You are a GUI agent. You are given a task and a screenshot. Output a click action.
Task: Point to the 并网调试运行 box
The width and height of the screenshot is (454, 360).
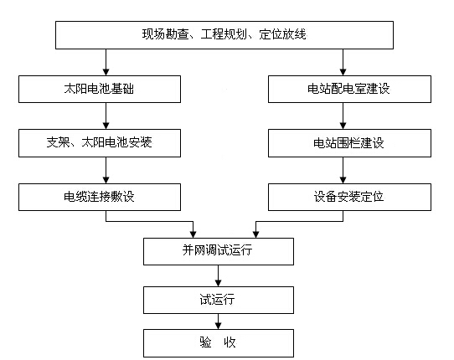point(219,251)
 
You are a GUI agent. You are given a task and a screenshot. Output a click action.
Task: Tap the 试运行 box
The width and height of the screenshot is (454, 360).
point(219,298)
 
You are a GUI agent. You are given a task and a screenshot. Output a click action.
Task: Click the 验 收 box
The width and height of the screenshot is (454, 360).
point(219,343)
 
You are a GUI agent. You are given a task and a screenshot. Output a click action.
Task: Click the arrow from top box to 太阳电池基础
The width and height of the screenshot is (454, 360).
point(105,63)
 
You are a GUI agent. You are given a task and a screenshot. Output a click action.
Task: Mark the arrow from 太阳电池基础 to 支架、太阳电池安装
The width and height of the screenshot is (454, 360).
point(105,116)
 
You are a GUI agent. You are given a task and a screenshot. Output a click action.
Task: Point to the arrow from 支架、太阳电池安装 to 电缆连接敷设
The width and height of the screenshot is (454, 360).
point(105,170)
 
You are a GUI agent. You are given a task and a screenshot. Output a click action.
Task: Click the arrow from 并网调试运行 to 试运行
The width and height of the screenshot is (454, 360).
point(219,275)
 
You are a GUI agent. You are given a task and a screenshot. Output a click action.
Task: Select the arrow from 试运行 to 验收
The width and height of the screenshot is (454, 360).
point(219,321)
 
